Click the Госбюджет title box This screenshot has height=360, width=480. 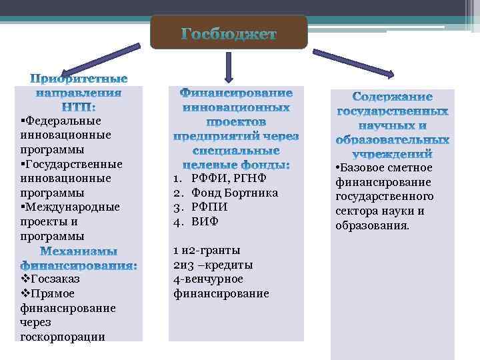pos(229,33)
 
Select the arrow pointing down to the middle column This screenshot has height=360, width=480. pos(229,67)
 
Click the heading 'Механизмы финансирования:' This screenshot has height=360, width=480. pos(79,259)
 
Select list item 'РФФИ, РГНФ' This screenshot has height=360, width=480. pos(228,178)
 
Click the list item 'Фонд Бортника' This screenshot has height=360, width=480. pos(234,193)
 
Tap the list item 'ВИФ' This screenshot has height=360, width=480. pos(205,221)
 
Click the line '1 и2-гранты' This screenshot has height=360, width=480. pos(206,251)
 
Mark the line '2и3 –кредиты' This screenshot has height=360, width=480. pos(213,265)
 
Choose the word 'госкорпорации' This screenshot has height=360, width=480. pos(63,336)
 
